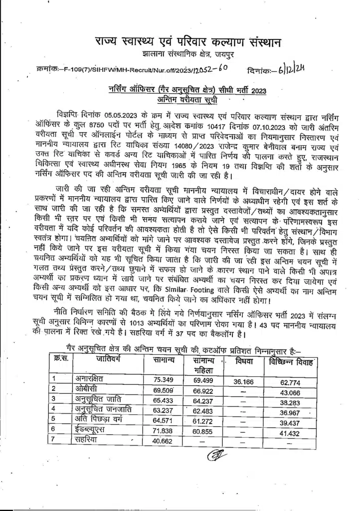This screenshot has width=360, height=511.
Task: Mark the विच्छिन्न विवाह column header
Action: point(291,362)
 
